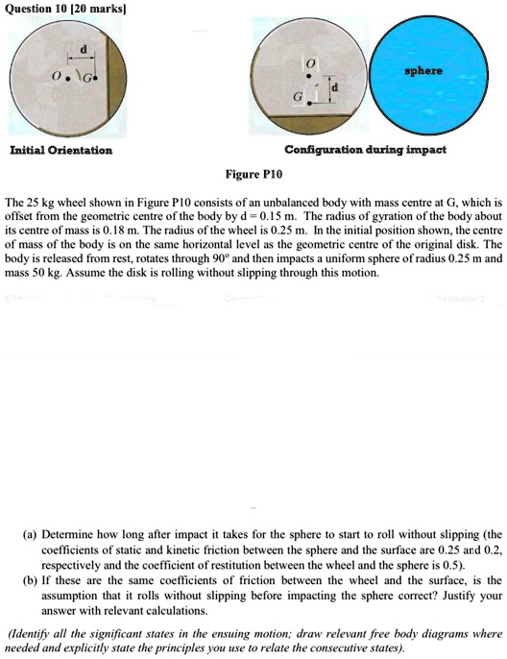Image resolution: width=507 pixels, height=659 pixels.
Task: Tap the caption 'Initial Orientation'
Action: click(x=61, y=150)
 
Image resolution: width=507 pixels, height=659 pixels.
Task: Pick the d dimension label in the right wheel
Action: click(x=334, y=89)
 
